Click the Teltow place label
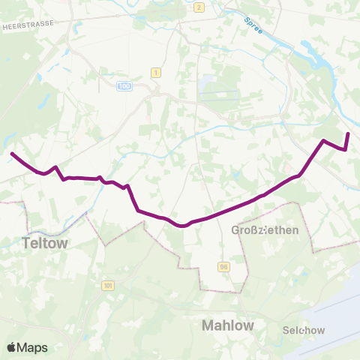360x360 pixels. coord(45,243)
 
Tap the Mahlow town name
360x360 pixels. coord(228,325)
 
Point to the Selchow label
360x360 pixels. coord(304,330)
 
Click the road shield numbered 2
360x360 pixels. coord(199,7)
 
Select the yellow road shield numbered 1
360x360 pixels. coord(156,72)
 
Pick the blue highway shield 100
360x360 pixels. coord(124,87)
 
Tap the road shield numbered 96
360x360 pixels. coord(223,266)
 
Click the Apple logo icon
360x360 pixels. coord(12,347)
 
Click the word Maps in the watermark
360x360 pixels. coord(33,347)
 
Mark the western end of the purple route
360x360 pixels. coord(11,153)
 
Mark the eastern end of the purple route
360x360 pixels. coord(348,133)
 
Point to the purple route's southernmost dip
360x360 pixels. coord(181,224)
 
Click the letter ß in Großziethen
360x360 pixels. coord(256,229)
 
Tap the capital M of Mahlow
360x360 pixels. coord(208,325)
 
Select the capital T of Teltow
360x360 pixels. coord(27,243)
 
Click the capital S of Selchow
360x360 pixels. coord(287,330)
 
